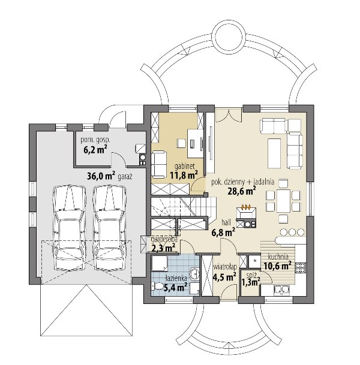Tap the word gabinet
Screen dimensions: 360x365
pyautogui.click(x=185, y=166)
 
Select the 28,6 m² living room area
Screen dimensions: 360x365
pyautogui.click(x=242, y=191)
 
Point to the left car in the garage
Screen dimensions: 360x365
pyautogui.click(x=70, y=227)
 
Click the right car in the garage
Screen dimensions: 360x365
pyautogui.click(x=110, y=227)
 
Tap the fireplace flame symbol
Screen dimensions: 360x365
pyautogui.click(x=246, y=206)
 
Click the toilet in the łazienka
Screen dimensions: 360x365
pyautogui.click(x=159, y=286)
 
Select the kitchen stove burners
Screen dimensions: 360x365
pyautogui.click(x=301, y=268)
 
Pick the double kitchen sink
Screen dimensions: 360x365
pyautogui.click(x=282, y=289)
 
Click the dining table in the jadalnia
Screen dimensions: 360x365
pyautogui.click(x=283, y=201)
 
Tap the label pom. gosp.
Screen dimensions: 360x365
pyautogui.click(x=95, y=140)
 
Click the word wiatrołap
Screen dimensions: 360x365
pyautogui.click(x=225, y=267)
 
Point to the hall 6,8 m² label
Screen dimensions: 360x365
pyautogui.click(x=223, y=228)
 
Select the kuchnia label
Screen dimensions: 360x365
pyautogui.click(x=278, y=257)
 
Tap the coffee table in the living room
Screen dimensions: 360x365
pyautogui.click(x=274, y=153)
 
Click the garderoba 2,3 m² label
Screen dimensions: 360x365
pyautogui.click(x=164, y=244)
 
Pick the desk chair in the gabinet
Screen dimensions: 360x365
pyautogui.click(x=181, y=143)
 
